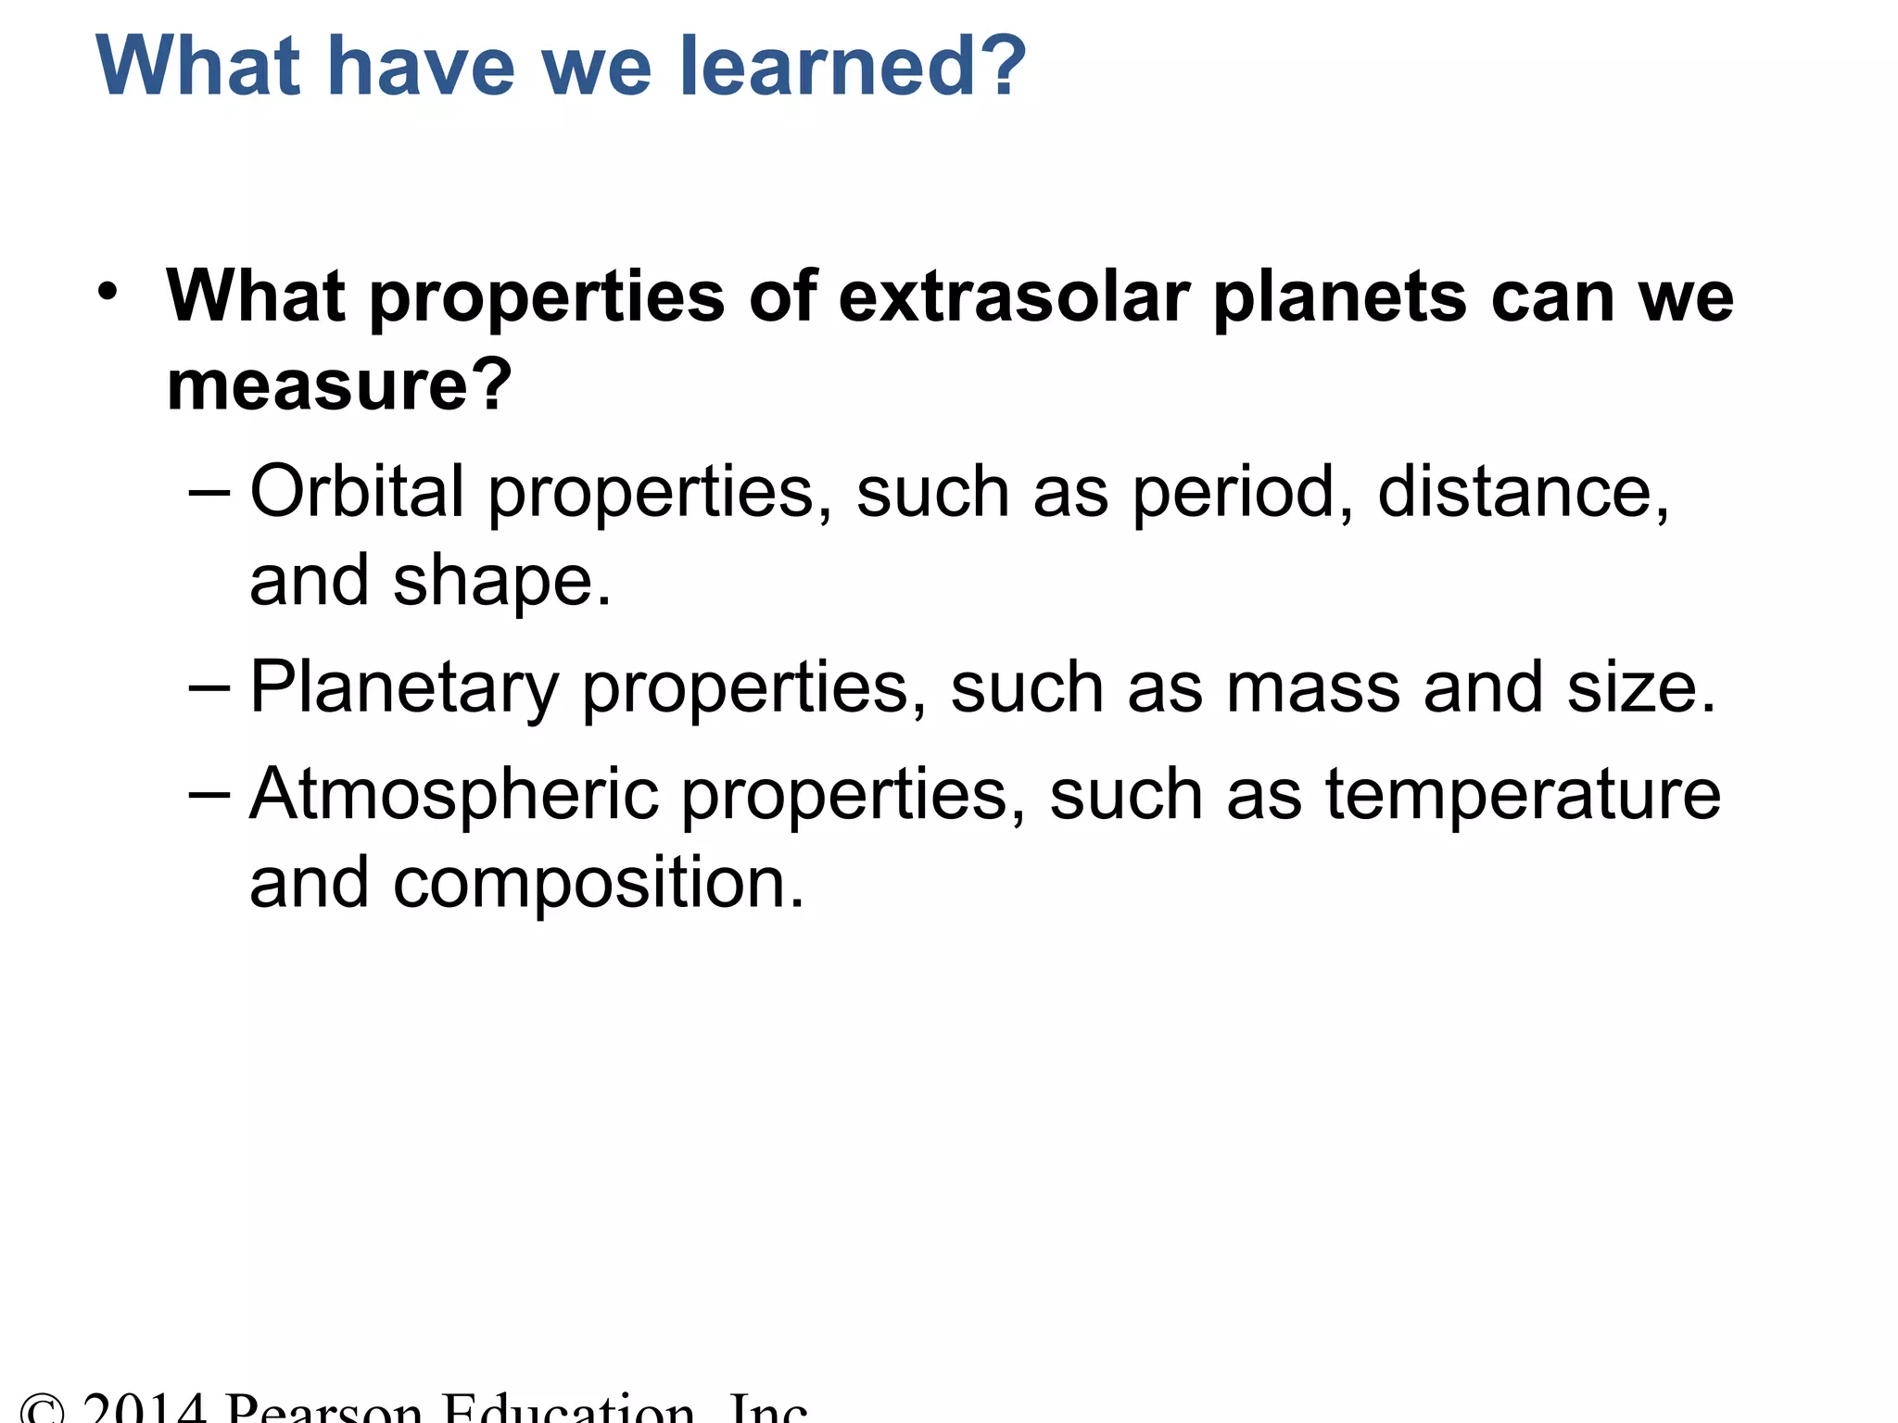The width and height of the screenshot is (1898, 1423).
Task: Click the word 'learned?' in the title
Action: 853,67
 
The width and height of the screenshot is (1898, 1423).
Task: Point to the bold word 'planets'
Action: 1340,298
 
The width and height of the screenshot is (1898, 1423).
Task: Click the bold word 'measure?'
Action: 339,385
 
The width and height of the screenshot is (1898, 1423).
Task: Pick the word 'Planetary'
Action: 404,689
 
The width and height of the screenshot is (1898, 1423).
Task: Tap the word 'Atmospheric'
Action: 453,795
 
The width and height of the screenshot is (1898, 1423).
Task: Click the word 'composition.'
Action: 599,884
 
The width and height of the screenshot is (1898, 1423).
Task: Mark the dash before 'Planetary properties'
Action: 209,687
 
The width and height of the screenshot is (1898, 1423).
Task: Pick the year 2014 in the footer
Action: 144,1408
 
